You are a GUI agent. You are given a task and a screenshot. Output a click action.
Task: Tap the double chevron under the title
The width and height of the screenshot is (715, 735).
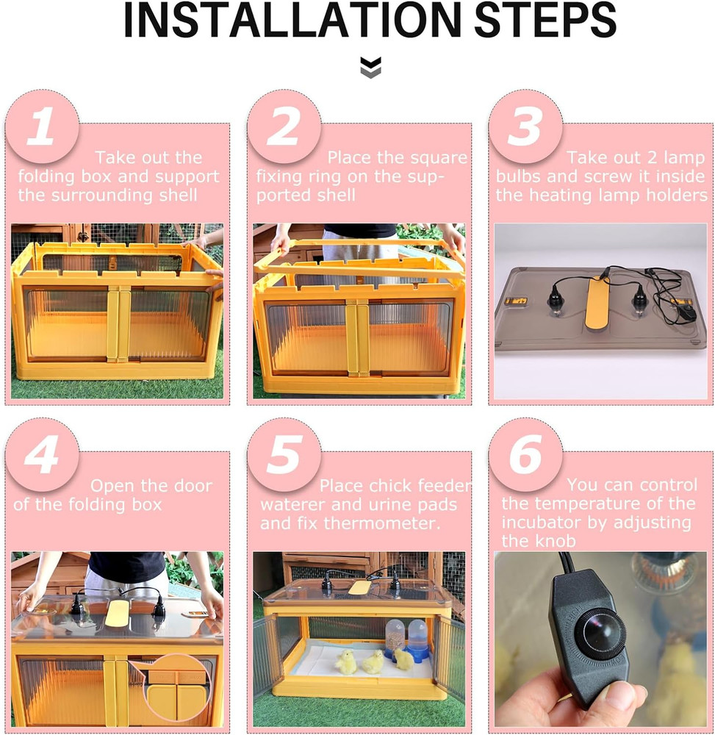coord(371,68)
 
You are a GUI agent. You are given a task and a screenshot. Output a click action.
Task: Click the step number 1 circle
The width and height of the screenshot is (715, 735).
coord(42,126)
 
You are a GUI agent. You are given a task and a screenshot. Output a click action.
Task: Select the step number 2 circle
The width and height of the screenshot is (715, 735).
coord(284,126)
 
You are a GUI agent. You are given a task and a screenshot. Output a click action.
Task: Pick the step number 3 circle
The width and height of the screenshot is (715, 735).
coord(525,126)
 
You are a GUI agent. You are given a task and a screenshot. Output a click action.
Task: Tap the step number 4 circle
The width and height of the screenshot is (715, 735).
coord(42,455)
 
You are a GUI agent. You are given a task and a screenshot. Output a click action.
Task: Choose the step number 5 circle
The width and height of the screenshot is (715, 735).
coord(284,455)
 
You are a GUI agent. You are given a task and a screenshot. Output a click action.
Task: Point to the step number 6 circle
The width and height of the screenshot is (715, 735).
coord(525,455)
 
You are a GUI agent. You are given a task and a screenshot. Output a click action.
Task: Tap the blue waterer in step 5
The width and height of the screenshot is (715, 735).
coord(418,639)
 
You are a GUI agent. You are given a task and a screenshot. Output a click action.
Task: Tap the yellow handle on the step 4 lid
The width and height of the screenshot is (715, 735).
coord(118,612)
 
